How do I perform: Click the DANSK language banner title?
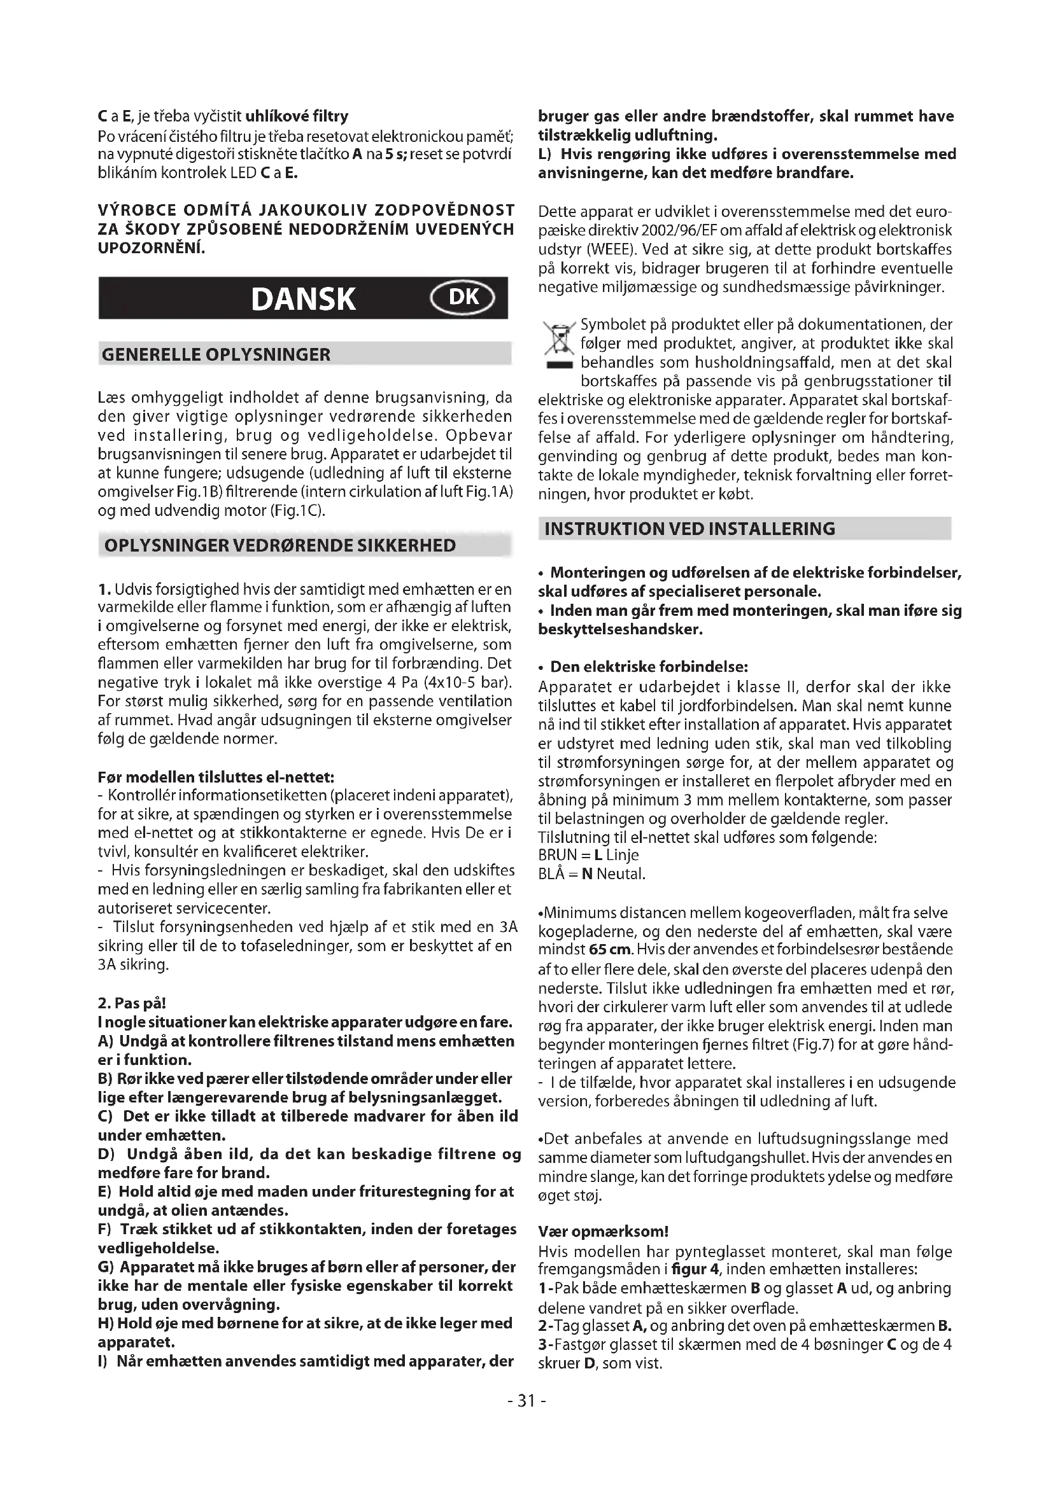303,299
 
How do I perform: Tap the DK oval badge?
463,297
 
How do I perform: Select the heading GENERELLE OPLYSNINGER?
216,354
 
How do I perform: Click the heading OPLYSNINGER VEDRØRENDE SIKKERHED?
280,545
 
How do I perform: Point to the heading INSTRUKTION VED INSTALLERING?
690,528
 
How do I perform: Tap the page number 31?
526,1400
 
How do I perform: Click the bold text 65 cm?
611,950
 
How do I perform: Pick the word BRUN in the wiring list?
557,856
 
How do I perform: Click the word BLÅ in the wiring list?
553,874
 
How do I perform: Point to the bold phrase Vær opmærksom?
603,1232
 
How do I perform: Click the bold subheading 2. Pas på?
132,1003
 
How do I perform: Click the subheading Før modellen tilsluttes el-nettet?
216,776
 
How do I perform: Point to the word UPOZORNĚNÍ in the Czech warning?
150,247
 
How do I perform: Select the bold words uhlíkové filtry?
297,116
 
